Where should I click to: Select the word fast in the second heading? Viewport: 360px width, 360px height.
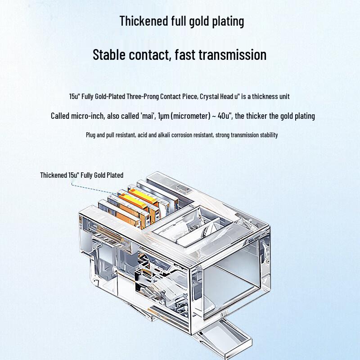(185, 55)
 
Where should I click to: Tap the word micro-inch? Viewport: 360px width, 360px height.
(88, 116)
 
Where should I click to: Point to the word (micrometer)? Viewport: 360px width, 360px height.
(189, 116)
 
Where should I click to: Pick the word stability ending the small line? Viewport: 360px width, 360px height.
(268, 135)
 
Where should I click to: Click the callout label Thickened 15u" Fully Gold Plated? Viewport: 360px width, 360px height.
(81, 175)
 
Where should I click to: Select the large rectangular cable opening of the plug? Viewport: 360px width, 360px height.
(234, 283)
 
